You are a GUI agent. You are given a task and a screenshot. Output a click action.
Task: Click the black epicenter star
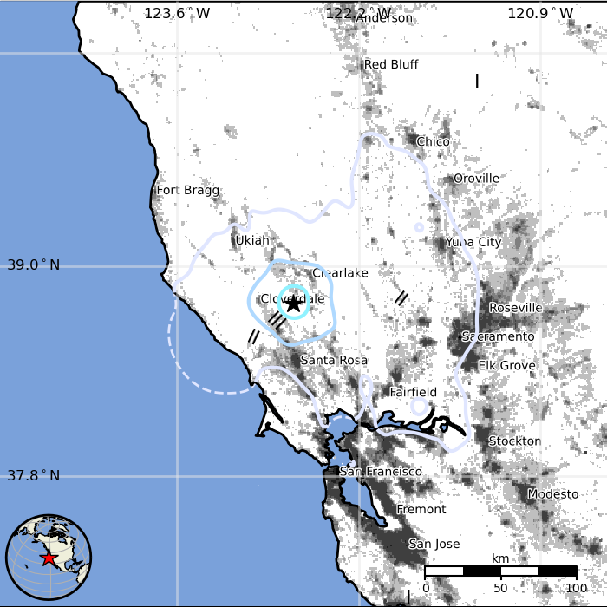coord(294,303)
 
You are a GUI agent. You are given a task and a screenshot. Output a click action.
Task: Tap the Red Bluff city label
coord(391,65)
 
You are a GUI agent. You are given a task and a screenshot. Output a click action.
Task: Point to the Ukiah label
coord(251,240)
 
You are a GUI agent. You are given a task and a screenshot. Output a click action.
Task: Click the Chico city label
coord(433,142)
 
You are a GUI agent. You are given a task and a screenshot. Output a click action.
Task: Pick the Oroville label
coord(476,179)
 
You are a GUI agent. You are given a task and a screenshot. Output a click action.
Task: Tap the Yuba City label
coord(473,243)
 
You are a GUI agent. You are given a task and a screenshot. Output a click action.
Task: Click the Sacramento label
coord(498,336)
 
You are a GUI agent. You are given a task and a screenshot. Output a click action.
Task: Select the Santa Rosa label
coord(334,360)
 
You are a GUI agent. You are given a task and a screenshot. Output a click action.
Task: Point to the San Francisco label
coord(380,472)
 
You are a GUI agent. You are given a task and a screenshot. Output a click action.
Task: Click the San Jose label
coord(434,545)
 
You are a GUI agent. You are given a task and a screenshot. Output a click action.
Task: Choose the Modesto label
coord(552,494)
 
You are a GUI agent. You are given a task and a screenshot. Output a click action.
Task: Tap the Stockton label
coord(514,441)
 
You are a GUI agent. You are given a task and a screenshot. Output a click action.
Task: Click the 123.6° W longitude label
coord(177,13)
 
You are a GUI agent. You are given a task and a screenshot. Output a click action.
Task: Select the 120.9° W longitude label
coord(540,13)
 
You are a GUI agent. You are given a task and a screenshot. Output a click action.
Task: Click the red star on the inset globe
coord(49,558)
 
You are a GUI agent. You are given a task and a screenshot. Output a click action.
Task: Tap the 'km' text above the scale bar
coord(500,558)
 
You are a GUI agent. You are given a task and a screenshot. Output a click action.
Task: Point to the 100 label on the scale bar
coord(577,588)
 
